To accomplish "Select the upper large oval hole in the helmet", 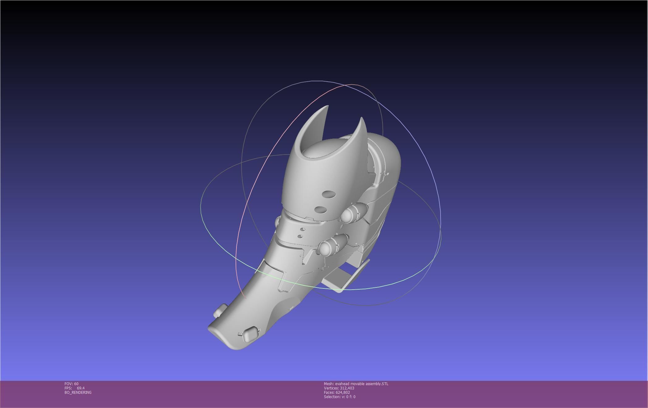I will (329, 194).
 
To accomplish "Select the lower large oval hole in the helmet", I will (321, 210).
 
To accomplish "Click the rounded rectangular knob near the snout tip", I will (250, 334).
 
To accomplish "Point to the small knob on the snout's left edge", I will (220, 310).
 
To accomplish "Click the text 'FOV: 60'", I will (71, 384).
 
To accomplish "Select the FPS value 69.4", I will (81, 388).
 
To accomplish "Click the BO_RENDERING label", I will (78, 393).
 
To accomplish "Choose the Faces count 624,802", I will (343, 393).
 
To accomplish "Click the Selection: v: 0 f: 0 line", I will (339, 397).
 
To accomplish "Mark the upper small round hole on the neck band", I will (303, 229).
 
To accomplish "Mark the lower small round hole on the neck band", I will (300, 236).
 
